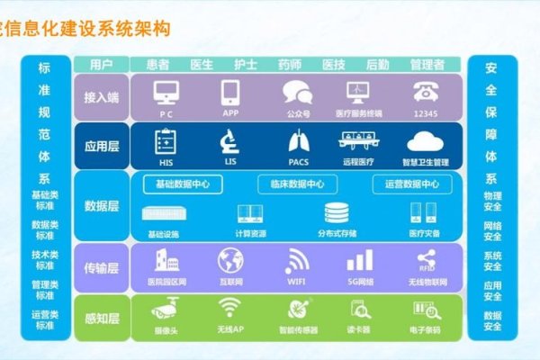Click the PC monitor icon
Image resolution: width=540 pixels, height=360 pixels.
166,93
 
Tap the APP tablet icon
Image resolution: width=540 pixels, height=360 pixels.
229,93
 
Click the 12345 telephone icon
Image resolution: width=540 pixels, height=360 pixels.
426,93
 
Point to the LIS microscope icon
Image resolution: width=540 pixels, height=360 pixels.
229,141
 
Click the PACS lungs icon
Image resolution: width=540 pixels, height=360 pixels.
298,141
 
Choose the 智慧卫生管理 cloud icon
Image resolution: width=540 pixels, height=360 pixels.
427,141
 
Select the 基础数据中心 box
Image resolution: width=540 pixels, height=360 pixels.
189,184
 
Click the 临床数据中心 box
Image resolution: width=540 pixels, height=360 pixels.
297,184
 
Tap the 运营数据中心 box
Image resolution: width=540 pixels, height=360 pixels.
412,184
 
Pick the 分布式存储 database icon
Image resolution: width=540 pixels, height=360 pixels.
337,213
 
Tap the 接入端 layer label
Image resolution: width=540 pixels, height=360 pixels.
102,97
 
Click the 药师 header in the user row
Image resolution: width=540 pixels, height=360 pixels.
289,65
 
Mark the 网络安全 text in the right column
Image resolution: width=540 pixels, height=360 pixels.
492,231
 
